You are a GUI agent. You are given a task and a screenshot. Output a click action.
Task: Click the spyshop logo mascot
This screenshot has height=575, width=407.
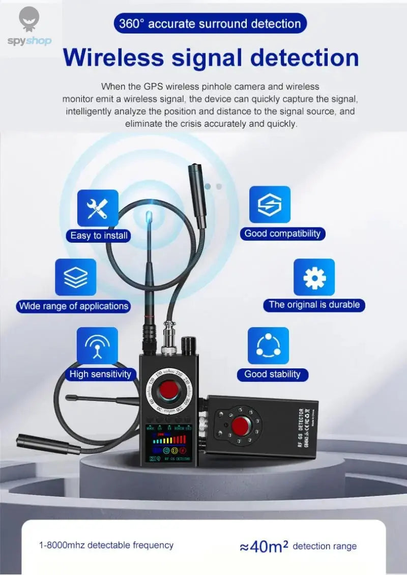[30, 19]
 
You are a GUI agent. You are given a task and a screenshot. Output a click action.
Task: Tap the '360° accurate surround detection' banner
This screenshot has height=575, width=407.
[210, 23]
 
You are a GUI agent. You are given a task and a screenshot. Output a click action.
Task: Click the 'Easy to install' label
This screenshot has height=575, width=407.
[99, 236]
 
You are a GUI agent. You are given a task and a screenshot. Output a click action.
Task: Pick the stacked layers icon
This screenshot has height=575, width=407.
[76, 277]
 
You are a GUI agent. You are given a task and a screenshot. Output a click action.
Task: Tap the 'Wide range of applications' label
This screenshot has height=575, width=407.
[73, 306]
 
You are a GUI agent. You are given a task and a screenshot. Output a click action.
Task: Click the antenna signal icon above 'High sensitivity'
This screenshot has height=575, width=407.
[97, 346]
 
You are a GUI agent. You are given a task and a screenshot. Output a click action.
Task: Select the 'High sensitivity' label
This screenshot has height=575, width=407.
[100, 374]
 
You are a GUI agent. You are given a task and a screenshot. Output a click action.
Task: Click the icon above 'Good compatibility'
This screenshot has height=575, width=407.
[270, 205]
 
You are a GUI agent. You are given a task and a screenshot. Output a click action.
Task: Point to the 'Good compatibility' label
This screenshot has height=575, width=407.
[282, 234]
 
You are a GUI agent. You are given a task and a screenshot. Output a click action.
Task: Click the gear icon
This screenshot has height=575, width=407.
[314, 277]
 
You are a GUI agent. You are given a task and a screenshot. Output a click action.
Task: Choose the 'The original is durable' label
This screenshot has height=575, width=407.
[314, 305]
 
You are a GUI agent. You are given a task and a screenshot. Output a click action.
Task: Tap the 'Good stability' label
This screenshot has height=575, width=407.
[272, 374]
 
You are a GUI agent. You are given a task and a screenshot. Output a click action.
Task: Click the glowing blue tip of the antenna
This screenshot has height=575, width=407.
[149, 217]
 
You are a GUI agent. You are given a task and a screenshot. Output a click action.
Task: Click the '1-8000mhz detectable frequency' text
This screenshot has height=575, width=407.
[106, 545]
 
